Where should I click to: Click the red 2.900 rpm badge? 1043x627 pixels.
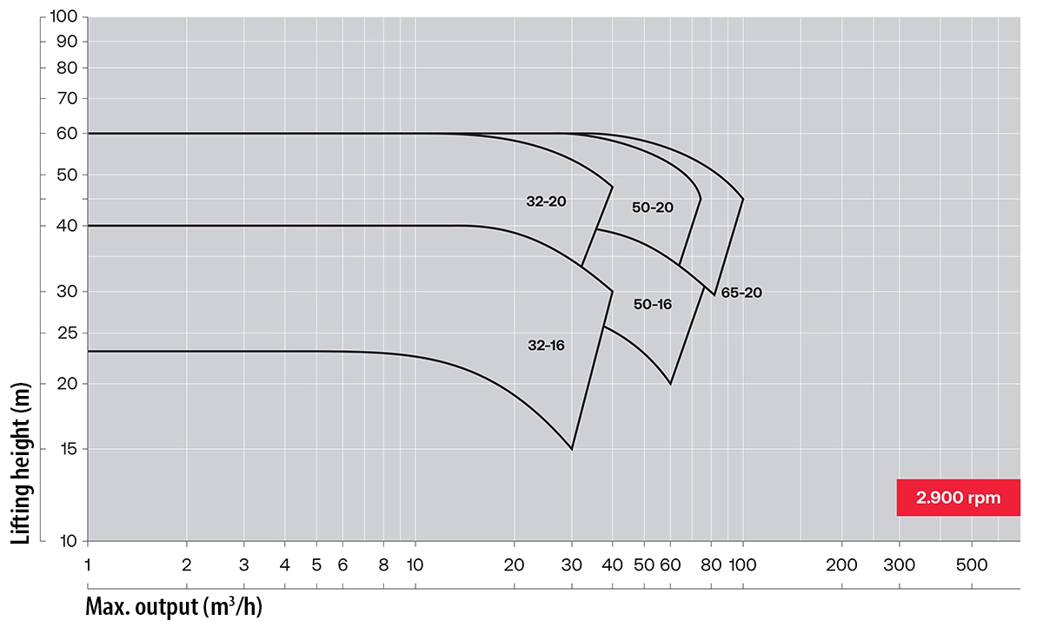point(958,498)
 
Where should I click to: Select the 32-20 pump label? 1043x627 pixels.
point(546,201)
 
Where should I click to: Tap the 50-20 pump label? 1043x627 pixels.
point(653,208)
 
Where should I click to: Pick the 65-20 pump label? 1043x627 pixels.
point(741,294)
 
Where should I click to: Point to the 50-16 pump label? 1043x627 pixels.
point(653,304)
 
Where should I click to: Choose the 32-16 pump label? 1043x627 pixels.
point(546,345)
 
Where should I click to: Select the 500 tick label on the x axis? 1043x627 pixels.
point(972,565)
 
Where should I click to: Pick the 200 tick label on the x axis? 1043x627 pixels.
point(841,565)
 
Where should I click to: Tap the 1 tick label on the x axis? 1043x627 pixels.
point(88,565)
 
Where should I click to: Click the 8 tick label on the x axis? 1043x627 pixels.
point(383,565)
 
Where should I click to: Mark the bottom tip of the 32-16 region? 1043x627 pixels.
point(572,449)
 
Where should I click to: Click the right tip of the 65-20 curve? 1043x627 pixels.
point(743,199)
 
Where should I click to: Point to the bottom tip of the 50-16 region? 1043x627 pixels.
point(670,384)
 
